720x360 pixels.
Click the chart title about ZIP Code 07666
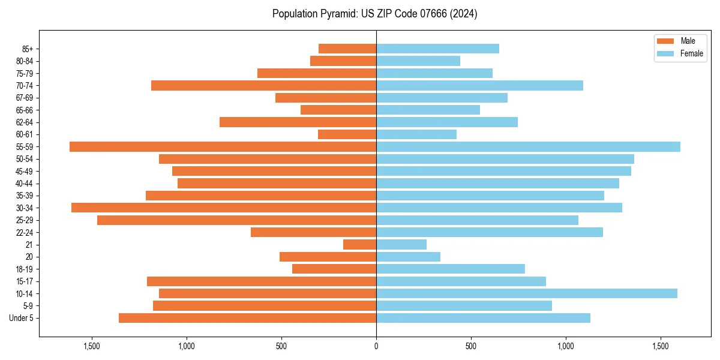(374, 14)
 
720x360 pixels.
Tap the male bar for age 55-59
(223, 147)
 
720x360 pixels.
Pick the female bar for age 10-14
(526, 293)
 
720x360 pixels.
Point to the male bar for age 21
(359, 245)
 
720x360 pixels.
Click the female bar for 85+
(437, 49)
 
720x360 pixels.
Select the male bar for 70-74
(263, 86)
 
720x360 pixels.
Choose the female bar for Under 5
(483, 318)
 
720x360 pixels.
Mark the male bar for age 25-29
(236, 220)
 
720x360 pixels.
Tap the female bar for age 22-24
(489, 232)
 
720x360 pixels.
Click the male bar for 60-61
(347, 134)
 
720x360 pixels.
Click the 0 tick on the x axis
(376, 346)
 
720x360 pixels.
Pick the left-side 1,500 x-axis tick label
(92, 346)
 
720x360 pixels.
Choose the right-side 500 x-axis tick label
(471, 346)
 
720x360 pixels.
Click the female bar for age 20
(408, 257)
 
